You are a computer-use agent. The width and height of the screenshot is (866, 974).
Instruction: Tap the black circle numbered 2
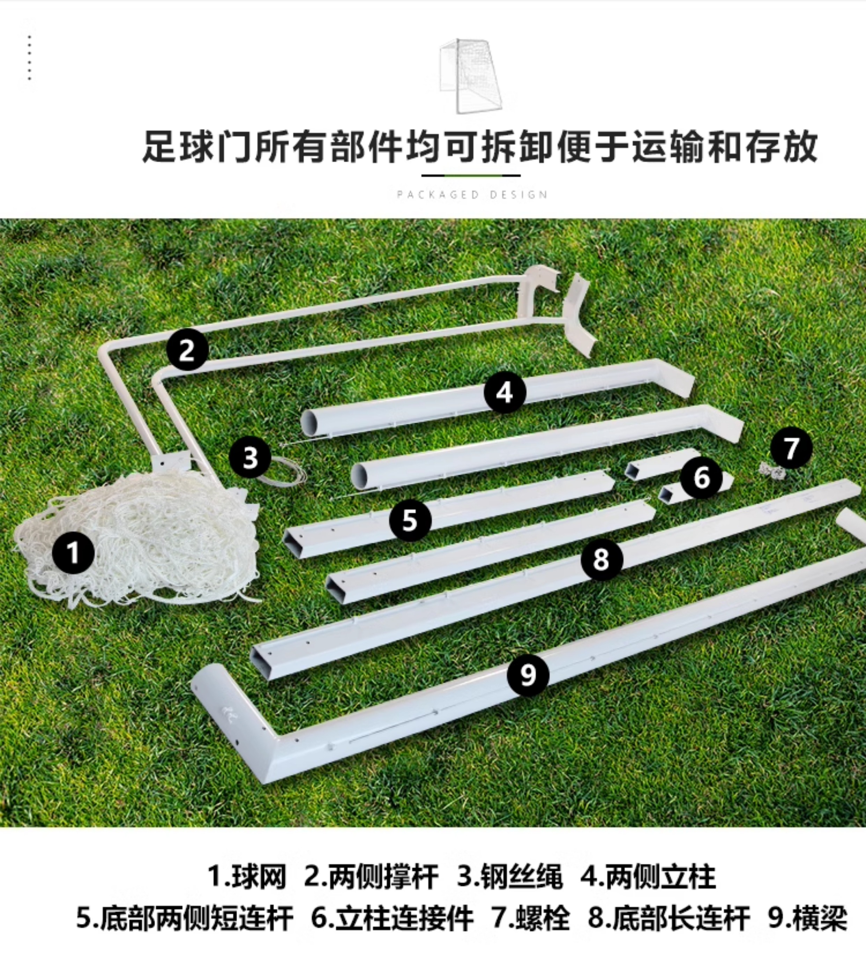click(187, 350)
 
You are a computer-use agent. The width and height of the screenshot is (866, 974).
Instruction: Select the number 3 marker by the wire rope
click(250, 457)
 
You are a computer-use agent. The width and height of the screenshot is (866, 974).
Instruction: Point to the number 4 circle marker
click(505, 393)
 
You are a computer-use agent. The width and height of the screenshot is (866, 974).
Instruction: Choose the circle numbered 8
click(601, 559)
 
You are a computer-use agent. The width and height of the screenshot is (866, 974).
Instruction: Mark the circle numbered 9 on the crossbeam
click(528, 675)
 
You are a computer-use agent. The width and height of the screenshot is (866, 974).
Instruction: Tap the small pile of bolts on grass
click(773, 471)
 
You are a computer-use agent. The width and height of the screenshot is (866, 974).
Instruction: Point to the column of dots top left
click(30, 58)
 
